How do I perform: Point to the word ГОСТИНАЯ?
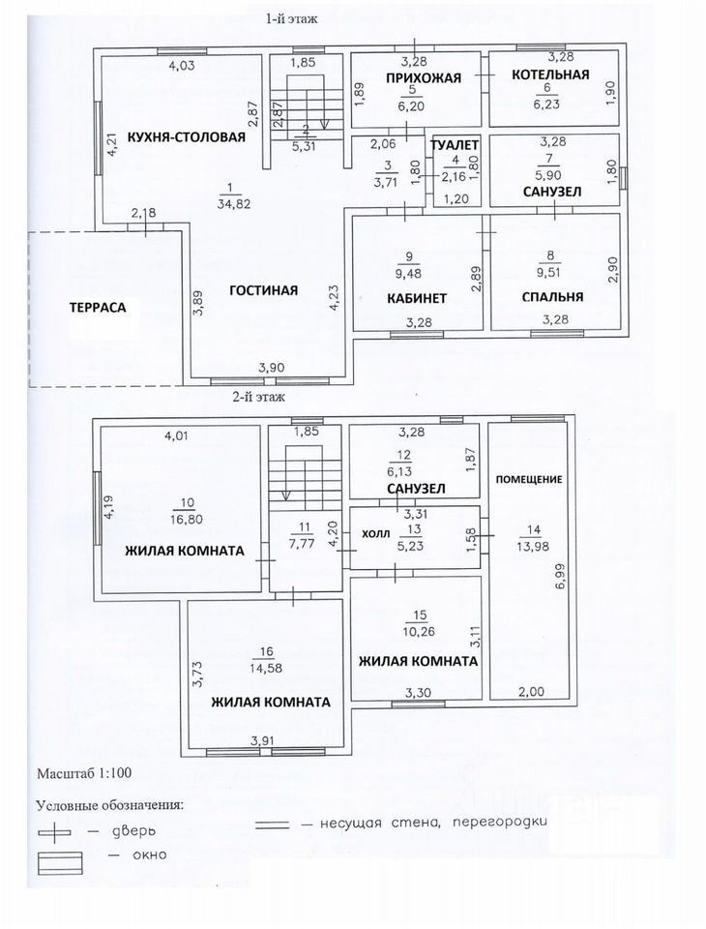[263, 290]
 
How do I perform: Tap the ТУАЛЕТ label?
[456, 145]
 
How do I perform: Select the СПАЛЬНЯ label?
[551, 297]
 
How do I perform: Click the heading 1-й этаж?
[292, 18]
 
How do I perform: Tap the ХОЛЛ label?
[376, 533]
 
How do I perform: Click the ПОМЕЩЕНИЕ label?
[529, 479]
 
